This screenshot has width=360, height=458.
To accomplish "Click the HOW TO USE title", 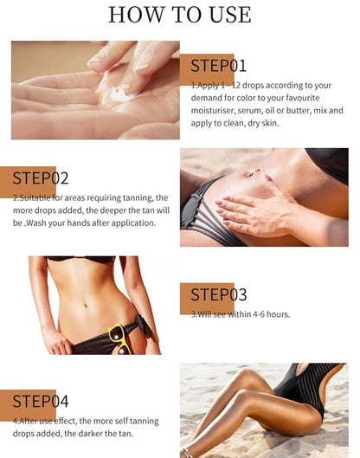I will (x=180, y=15).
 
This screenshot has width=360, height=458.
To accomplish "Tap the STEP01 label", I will (x=219, y=66).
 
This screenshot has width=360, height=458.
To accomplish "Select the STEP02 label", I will (x=41, y=178).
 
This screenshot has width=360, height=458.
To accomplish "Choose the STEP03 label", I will (x=219, y=294).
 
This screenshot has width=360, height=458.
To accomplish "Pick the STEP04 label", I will (x=41, y=401).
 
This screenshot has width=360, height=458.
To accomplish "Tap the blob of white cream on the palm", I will (x=125, y=93).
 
